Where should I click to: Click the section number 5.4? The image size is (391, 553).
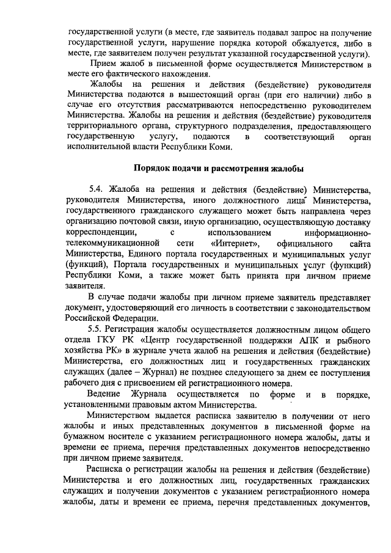(97, 187)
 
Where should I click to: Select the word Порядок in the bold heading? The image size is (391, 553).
(152, 167)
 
